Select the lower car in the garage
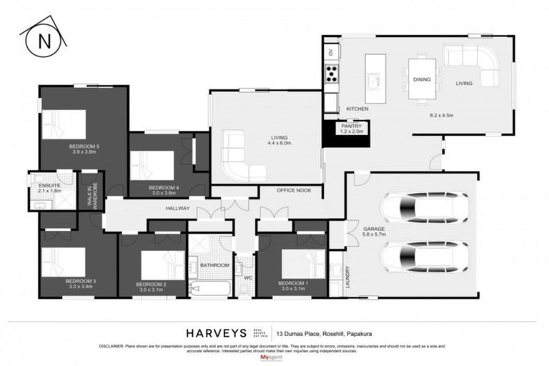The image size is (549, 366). [424, 255]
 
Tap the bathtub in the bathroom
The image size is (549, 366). [210, 290]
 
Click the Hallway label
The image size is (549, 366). [177, 208]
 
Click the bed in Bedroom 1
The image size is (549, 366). [302, 262]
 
